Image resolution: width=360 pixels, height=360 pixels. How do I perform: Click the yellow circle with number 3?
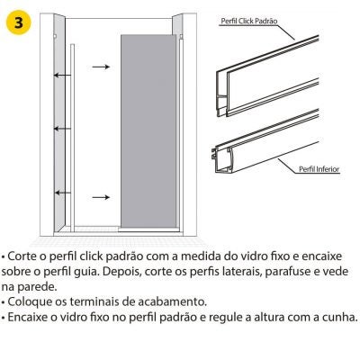coord(19,22)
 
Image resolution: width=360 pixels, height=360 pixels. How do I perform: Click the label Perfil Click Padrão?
coord(249,21)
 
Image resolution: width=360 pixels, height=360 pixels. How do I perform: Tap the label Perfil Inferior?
coord(319,169)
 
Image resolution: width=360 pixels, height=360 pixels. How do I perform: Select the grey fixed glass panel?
coord(148,130)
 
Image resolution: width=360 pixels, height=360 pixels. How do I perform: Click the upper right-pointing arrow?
coord(101,67)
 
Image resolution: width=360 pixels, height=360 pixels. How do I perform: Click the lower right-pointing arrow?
coord(101,197)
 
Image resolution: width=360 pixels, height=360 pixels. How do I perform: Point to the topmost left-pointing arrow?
coord(62,75)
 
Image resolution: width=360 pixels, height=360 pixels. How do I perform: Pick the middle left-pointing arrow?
coord(62,129)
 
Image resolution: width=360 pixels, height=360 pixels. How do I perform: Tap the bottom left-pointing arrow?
coord(62,193)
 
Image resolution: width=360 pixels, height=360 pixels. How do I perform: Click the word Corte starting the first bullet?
coord(22,256)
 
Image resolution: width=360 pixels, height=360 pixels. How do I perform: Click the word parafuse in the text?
coord(288,272)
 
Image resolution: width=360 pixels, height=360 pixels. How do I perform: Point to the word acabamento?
coord(172,301)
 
